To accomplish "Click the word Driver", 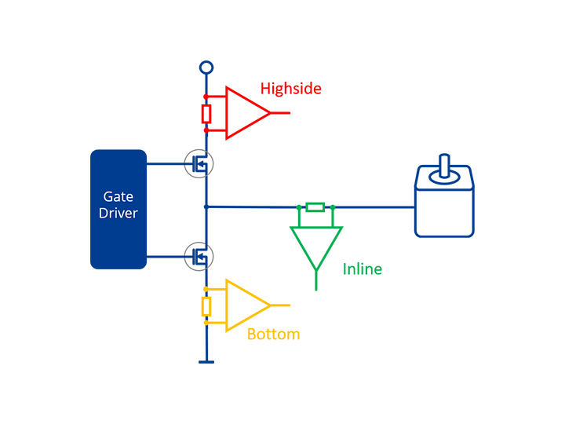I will coord(118,213).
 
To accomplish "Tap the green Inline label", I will coord(363,270).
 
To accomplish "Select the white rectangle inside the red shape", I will coord(207,114).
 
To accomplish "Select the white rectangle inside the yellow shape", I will coord(207,306).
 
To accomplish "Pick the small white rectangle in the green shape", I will coord(315,207).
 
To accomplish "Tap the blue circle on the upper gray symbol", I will coord(199,163).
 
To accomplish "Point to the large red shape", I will coord(298,102).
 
